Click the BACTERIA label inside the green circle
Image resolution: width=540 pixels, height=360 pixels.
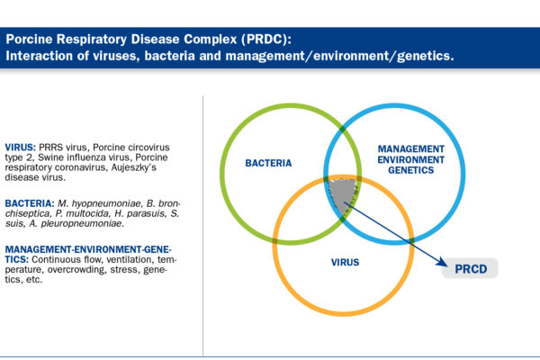pyautogui.click(x=268, y=163)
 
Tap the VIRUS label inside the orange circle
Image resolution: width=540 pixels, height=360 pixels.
pyautogui.click(x=345, y=262)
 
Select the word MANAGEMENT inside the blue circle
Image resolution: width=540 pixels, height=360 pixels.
pyautogui.click(x=411, y=148)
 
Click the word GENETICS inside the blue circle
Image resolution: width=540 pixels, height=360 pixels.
pyautogui.click(x=411, y=170)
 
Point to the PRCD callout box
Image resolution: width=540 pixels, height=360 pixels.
pyautogui.click(x=470, y=268)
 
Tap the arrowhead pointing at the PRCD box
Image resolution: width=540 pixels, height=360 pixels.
pyautogui.click(x=442, y=262)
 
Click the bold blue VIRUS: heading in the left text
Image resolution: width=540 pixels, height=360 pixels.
pyautogui.click(x=21, y=148)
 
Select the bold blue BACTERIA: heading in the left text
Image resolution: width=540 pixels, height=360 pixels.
pyautogui.click(x=30, y=203)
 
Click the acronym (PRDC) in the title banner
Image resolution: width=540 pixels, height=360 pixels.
pyautogui.click(x=266, y=39)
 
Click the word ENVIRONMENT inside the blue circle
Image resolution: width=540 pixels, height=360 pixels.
pyautogui.click(x=411, y=159)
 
